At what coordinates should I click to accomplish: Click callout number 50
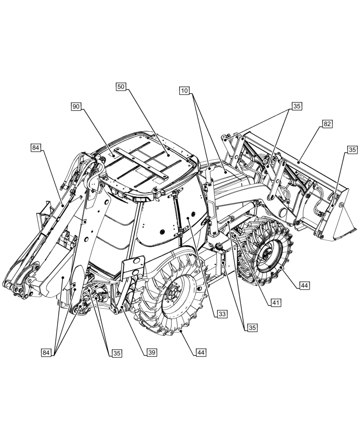(x=121, y=87)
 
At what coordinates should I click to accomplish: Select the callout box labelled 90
(x=76, y=106)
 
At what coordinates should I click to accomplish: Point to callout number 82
(x=327, y=124)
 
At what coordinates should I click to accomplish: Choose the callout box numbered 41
(x=276, y=302)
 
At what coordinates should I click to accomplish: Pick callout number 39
(x=152, y=352)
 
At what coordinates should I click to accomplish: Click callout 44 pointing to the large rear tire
(x=201, y=352)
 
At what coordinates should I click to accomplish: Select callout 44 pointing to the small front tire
(x=305, y=285)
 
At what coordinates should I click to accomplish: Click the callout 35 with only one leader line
(x=352, y=150)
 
